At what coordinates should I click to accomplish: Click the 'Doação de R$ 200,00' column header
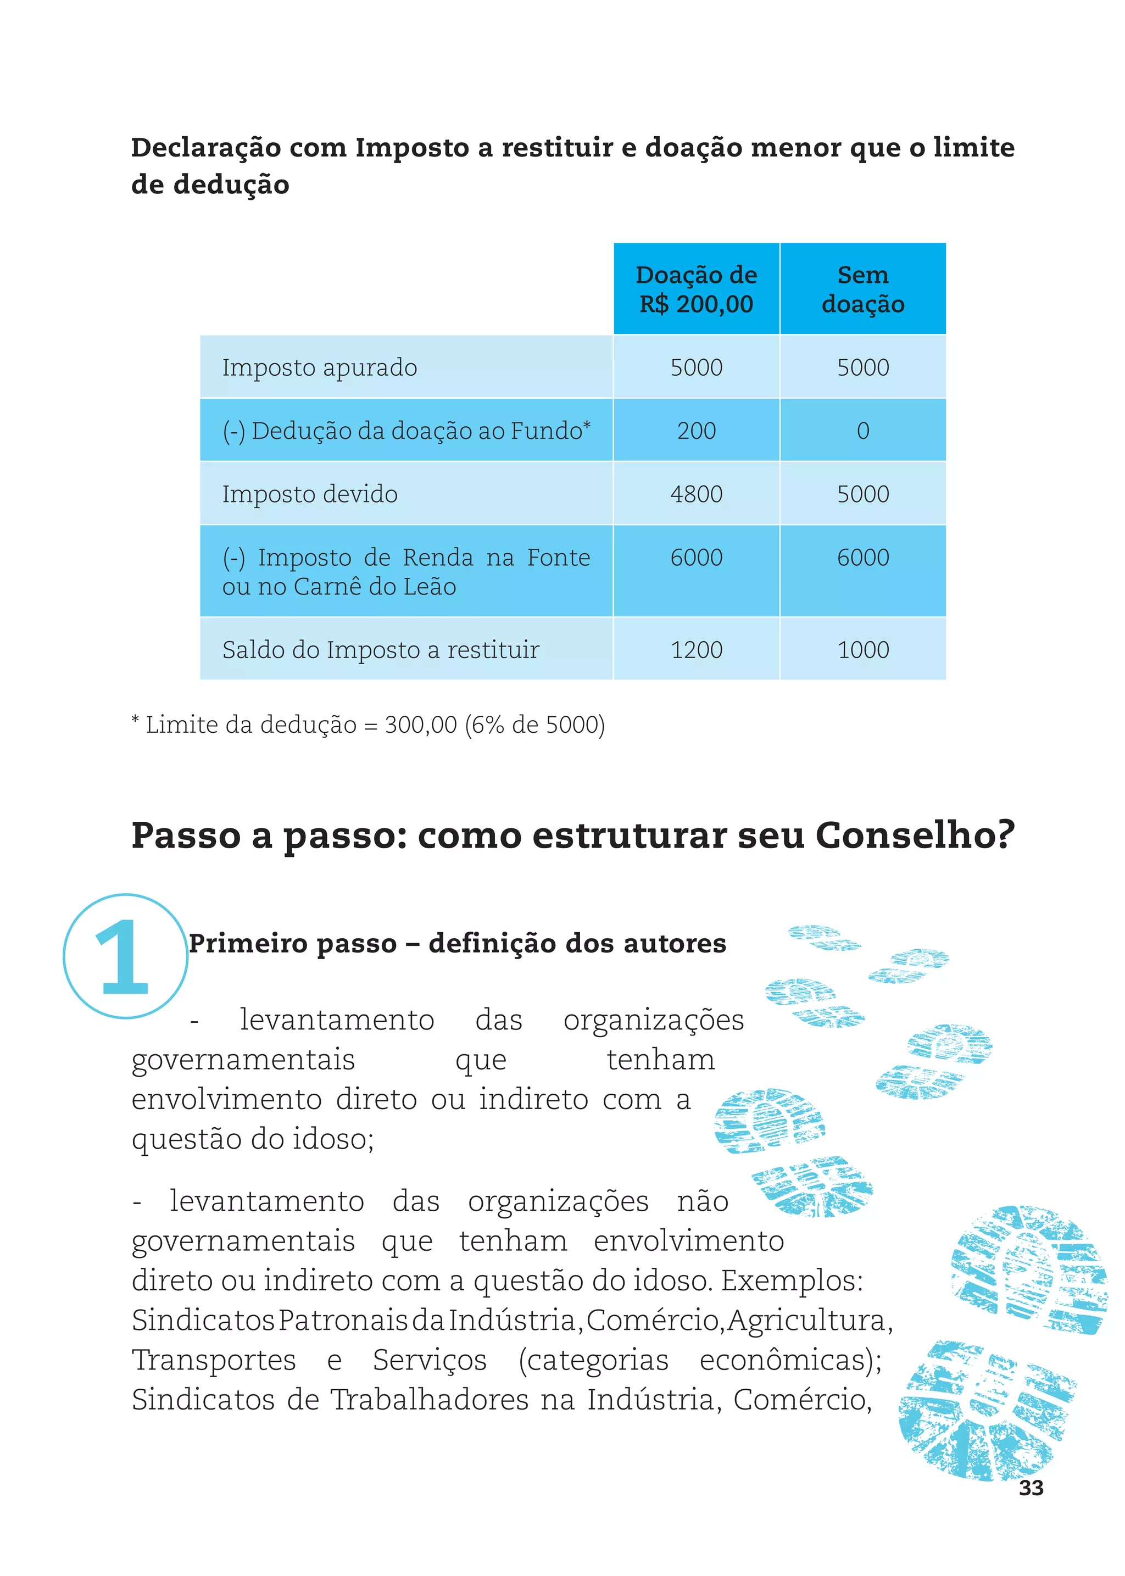(696, 289)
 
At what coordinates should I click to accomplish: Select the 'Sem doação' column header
(862, 289)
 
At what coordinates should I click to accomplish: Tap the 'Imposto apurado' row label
(319, 367)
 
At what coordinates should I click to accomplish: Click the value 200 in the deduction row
(696, 431)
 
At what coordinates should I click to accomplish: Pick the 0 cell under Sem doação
(862, 431)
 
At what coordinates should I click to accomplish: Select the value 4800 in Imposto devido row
(696, 494)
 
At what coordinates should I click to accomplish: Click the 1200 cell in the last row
(696, 650)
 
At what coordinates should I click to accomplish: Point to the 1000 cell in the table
(862, 650)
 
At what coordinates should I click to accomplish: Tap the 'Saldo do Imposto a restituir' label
(380, 650)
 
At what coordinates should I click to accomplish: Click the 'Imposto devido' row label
(310, 494)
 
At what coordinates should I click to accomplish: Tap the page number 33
(1031, 1488)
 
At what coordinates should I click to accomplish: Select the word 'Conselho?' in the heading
(915, 836)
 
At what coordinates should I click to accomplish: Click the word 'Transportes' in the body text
(213, 1361)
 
